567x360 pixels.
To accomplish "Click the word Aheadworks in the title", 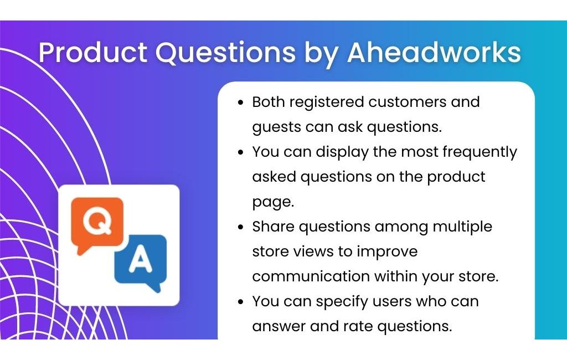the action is (434, 53).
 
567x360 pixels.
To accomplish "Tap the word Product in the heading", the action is (93, 53).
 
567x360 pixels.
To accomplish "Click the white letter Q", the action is (97, 221).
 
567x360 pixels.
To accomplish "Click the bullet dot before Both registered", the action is (241, 102).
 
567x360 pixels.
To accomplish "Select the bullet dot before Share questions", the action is (241, 227).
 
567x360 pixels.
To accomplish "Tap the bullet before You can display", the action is (241, 152).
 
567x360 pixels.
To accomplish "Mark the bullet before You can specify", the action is (241, 302).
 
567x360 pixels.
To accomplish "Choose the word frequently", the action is (480, 152).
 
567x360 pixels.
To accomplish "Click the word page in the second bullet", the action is (273, 202).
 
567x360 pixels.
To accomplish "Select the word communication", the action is (311, 277).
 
